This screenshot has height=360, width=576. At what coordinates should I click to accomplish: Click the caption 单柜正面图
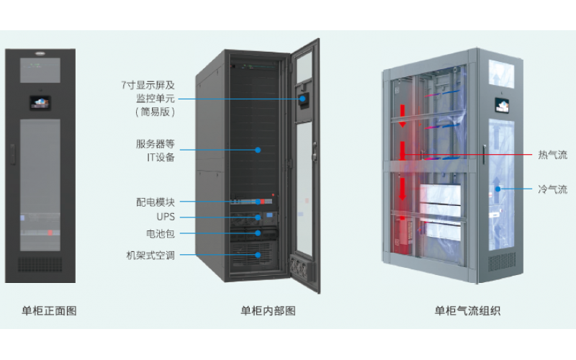[x=49, y=311]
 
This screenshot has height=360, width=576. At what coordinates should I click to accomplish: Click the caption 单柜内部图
[x=268, y=311]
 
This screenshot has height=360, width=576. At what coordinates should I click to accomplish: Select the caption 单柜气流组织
[x=467, y=311]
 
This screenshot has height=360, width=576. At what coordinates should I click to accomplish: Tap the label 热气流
[x=552, y=155]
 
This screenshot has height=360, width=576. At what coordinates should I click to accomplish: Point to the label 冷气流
[x=552, y=189]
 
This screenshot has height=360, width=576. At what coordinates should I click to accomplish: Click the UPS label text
[x=166, y=217]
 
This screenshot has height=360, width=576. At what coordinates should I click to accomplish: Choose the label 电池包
[x=160, y=234]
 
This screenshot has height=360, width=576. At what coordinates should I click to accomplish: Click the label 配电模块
[x=156, y=202]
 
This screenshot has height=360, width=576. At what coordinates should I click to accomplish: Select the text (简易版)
[x=155, y=112]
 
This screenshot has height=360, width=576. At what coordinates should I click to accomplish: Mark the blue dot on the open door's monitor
[x=303, y=98]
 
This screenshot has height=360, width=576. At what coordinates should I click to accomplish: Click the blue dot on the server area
[x=257, y=150]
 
